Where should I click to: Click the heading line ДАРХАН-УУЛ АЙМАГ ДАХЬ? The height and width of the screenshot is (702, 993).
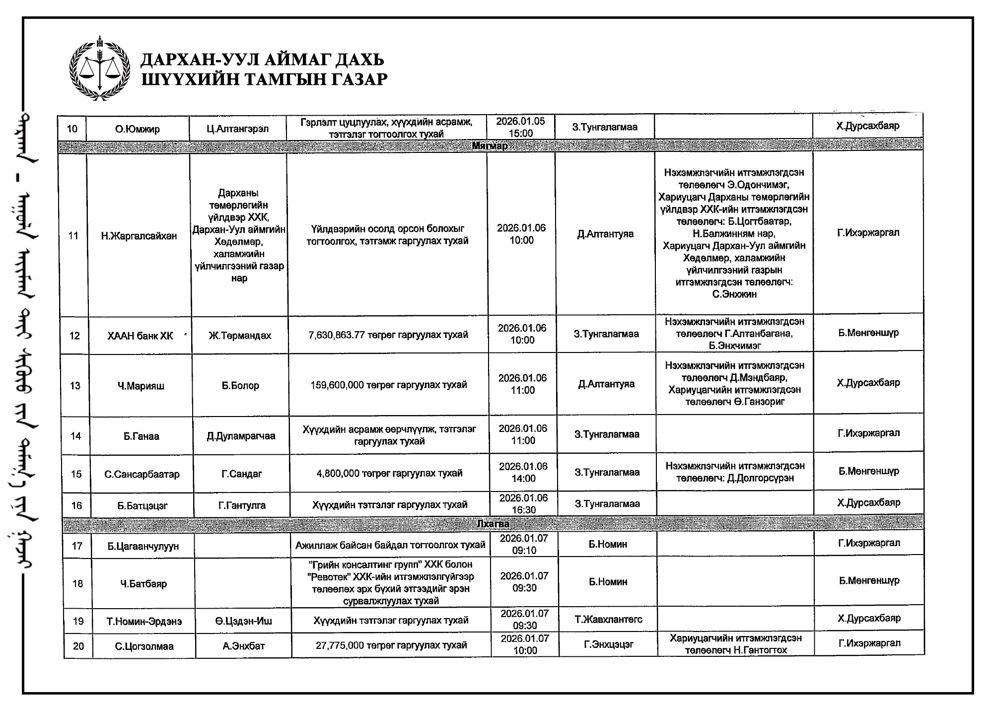(x=262, y=60)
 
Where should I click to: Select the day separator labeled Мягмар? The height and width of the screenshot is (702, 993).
(x=490, y=146)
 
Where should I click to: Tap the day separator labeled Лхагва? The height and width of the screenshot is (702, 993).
(x=493, y=523)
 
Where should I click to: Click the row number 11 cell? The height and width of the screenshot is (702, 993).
(x=73, y=236)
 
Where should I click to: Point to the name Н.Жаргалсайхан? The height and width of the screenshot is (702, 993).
(x=139, y=236)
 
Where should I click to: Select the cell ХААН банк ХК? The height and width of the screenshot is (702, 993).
(x=141, y=336)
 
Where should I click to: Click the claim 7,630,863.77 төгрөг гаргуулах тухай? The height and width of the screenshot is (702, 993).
(x=388, y=335)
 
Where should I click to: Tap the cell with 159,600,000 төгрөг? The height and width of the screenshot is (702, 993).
(x=389, y=385)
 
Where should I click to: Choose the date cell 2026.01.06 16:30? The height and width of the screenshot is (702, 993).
(x=523, y=504)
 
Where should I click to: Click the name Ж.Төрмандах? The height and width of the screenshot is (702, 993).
(x=240, y=336)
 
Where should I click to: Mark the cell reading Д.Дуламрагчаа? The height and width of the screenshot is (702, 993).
(x=241, y=436)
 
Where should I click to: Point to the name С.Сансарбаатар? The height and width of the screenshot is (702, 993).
(x=142, y=474)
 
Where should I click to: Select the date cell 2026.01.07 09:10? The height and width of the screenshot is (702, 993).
(x=524, y=545)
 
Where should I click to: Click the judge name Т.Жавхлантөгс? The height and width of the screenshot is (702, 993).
(x=608, y=619)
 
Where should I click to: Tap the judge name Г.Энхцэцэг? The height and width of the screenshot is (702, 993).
(x=608, y=644)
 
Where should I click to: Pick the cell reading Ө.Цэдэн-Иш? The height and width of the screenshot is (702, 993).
(x=243, y=621)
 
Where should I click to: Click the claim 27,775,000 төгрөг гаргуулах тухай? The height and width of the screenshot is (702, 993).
(x=391, y=645)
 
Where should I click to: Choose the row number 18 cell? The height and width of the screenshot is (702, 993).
(x=77, y=583)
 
